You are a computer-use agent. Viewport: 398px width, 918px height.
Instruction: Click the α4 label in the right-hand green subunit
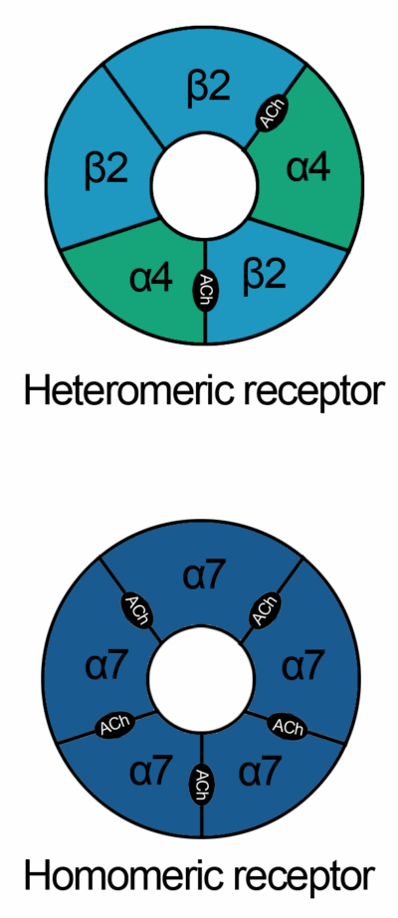307,168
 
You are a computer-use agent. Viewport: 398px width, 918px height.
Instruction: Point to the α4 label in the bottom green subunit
151,278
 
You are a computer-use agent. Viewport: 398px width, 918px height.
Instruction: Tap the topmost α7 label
203,576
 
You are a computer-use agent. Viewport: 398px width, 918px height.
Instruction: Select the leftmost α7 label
105,667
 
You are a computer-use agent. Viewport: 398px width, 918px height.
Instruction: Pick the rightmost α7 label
302,667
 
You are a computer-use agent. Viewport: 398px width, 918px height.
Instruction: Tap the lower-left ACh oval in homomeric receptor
115,726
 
